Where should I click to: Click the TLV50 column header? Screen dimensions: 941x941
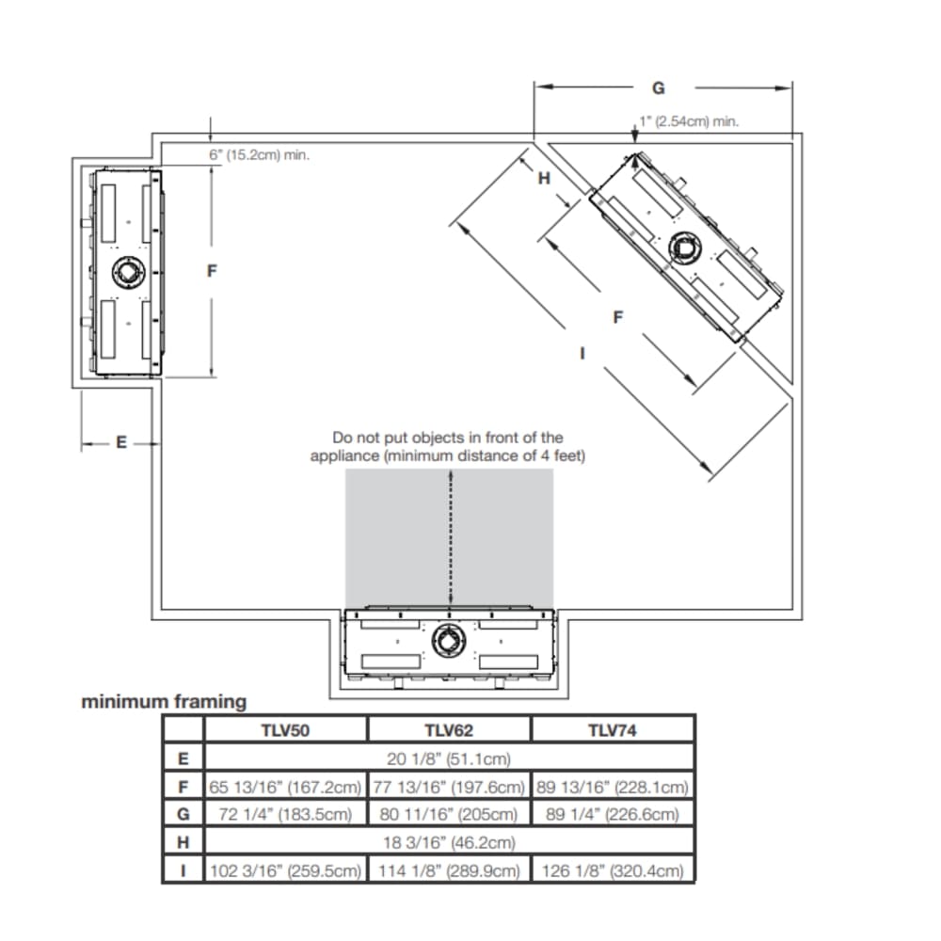coord(285,729)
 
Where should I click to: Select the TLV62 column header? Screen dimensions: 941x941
coord(448,729)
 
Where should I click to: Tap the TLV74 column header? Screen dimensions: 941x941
coord(613,729)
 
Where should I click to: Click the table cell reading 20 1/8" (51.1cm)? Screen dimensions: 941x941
coord(449,758)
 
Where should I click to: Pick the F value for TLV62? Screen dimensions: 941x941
coord(448,787)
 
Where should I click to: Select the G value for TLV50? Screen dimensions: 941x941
coord(285,814)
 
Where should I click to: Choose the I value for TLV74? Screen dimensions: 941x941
coord(613,870)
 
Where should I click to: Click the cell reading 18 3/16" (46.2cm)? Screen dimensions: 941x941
coord(449,842)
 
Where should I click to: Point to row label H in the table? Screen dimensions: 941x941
coord(183,842)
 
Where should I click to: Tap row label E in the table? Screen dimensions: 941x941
coord(183,758)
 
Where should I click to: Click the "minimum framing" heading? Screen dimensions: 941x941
coord(164,701)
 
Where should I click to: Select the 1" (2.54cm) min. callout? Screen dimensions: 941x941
coord(689,121)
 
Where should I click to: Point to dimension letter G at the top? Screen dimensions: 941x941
coord(659,88)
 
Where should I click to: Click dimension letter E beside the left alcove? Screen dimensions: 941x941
coord(120,442)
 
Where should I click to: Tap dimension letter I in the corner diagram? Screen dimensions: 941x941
coord(582,354)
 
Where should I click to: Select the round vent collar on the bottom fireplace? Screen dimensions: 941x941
coord(448,642)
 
